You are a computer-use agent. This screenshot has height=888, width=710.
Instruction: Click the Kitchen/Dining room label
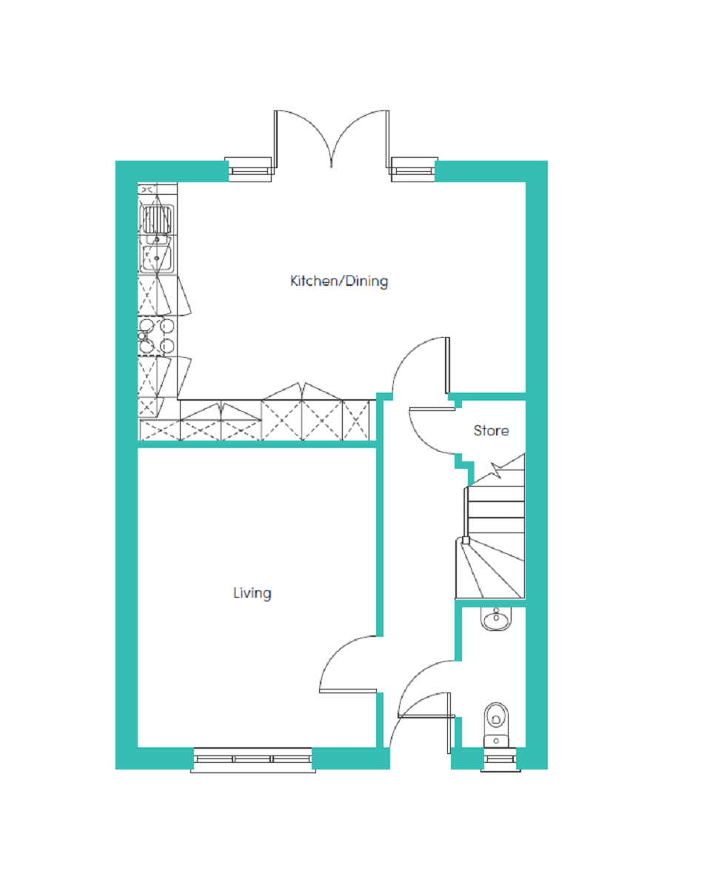pyautogui.click(x=338, y=281)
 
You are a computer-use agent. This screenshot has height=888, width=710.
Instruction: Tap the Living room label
pyautogui.click(x=252, y=593)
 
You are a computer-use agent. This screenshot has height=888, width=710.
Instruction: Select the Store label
pyautogui.click(x=491, y=430)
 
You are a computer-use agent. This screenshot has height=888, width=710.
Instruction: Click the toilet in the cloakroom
pyautogui.click(x=496, y=726)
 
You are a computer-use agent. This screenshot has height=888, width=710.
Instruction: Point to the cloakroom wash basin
pyautogui.click(x=496, y=618)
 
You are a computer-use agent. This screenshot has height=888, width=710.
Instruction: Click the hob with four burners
pyautogui.click(x=156, y=335)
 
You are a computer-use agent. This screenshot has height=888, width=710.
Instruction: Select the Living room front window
pyautogui.click(x=252, y=759)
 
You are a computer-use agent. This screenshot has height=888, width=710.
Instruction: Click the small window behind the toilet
pyautogui.click(x=500, y=759)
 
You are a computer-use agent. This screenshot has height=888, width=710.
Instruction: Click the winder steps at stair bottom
pyautogui.click(x=490, y=569)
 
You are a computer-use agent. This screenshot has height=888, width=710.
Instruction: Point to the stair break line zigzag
pyautogui.click(x=496, y=470)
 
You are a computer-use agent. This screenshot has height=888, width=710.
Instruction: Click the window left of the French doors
pyautogui.click(x=249, y=170)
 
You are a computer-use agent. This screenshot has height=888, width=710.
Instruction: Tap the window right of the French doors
pyautogui.click(x=413, y=170)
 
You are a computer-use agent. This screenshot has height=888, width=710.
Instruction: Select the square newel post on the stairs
pyautogui.click(x=466, y=540)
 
